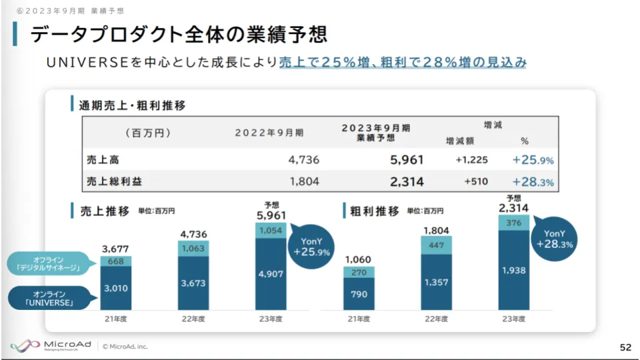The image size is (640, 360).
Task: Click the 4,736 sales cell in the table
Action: coord(305,160)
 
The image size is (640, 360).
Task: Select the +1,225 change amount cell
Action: coord(472,160)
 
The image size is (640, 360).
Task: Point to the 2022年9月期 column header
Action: coord(269,133)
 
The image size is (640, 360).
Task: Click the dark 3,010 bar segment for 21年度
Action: coord(116,288)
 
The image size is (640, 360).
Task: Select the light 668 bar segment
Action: coord(116,261)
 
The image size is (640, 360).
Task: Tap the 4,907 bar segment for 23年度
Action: coord(271,274)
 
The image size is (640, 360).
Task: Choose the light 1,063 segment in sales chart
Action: coord(193,247)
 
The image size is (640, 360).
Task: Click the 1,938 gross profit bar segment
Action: coord(514,270)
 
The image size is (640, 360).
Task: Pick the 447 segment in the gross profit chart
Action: coord(437,245)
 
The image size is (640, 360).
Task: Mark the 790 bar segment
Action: coord(359,294)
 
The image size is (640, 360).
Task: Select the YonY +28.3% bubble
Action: coord(554,239)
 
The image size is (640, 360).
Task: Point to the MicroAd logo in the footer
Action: coord(50,346)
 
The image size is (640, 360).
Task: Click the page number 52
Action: coord(625,347)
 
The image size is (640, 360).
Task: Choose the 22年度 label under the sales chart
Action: coord(193,319)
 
